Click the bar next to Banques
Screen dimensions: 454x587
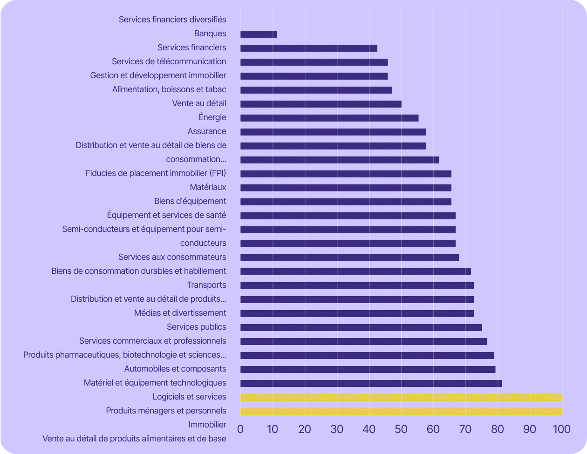[259, 34]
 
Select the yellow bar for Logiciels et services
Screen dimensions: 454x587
[401, 397]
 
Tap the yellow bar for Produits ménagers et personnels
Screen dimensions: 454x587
[401, 411]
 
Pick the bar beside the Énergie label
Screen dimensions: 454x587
[329, 118]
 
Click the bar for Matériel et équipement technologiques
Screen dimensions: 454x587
[371, 383]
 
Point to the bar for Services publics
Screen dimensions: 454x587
[361, 327]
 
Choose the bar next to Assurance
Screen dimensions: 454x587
[333, 132]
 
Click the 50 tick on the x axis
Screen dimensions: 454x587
[401, 429]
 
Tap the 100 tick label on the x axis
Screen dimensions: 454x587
[561, 429]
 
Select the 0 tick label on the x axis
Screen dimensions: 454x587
[240, 429]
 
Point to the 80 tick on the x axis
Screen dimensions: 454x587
[498, 429]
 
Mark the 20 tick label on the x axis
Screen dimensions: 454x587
[305, 429]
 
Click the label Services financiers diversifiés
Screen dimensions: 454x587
[172, 20]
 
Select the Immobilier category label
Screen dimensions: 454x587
[207, 425]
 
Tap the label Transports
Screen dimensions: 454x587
[206, 285]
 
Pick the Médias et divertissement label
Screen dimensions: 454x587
[180, 313]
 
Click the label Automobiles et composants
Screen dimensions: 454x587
[175, 369]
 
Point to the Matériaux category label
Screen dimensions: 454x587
[208, 187]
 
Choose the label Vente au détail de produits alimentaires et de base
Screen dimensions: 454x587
[134, 439]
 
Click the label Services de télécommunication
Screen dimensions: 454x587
[169, 61]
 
